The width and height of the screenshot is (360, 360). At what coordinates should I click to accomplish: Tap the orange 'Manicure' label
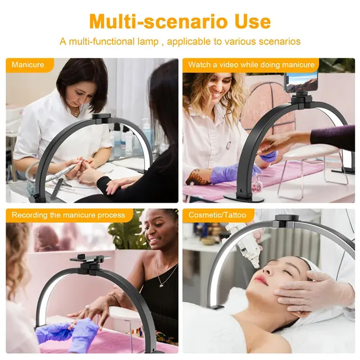tap(28, 65)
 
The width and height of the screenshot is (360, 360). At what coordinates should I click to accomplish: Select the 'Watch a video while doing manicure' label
tap(251, 65)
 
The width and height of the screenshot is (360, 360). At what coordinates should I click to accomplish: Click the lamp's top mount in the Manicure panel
tap(102, 119)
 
